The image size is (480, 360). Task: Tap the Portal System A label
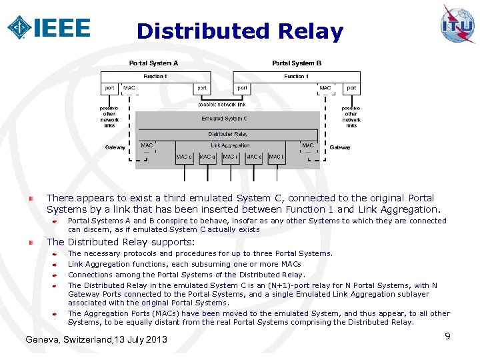(153, 63)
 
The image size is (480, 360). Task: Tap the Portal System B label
(297, 63)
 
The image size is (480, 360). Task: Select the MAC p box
(184, 157)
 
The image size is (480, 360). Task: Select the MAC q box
(207, 157)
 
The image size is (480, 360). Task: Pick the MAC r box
(231, 157)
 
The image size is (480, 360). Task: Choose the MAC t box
(276, 157)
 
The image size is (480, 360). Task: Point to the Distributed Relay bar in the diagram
(227, 134)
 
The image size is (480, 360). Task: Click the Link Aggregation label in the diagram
(230, 145)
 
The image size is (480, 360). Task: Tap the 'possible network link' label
(222, 105)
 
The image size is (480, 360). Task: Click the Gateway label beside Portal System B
(340, 147)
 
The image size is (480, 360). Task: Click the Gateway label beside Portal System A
(115, 147)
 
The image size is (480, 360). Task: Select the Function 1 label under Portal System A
(155, 76)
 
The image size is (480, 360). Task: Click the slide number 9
(448, 336)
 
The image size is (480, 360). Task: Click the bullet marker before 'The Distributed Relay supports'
(31, 243)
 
